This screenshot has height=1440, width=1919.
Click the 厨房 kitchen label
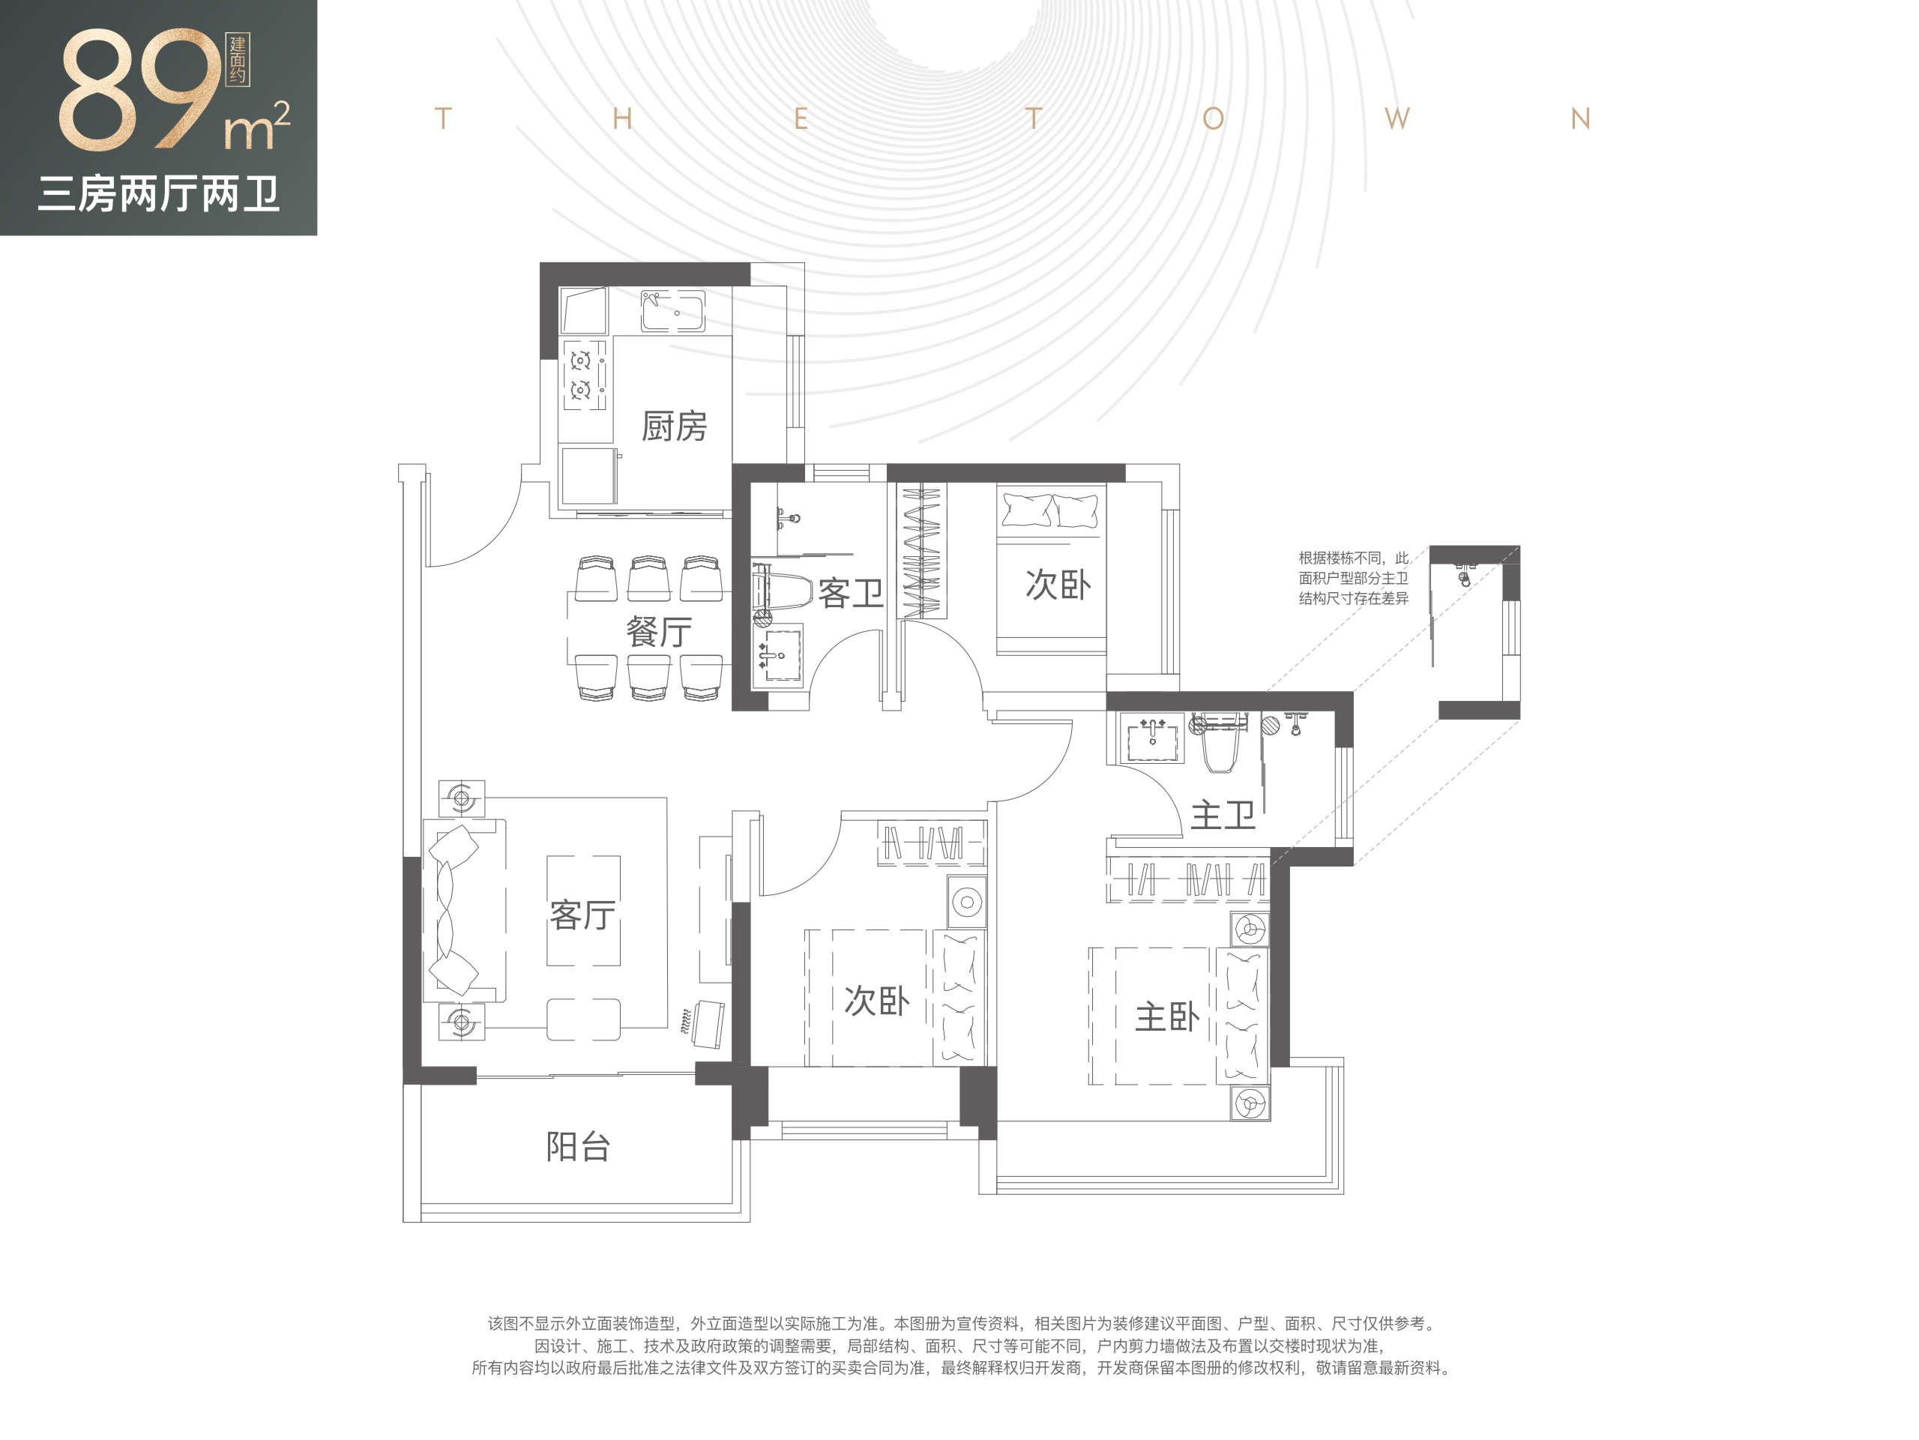674,426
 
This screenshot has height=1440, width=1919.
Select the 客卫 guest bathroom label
850,594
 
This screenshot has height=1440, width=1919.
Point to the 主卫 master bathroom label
1223,816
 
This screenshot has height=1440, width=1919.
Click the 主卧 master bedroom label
1168,1016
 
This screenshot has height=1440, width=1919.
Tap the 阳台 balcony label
579,1147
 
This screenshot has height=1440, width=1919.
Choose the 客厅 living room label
583,915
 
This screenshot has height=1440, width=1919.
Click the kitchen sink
673,310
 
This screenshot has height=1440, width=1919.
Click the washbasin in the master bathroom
1152,739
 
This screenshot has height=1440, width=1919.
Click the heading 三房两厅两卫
159,194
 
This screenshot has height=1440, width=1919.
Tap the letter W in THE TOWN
1397,119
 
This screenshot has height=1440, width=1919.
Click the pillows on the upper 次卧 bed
1051,509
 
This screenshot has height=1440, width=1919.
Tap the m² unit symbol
257,127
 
